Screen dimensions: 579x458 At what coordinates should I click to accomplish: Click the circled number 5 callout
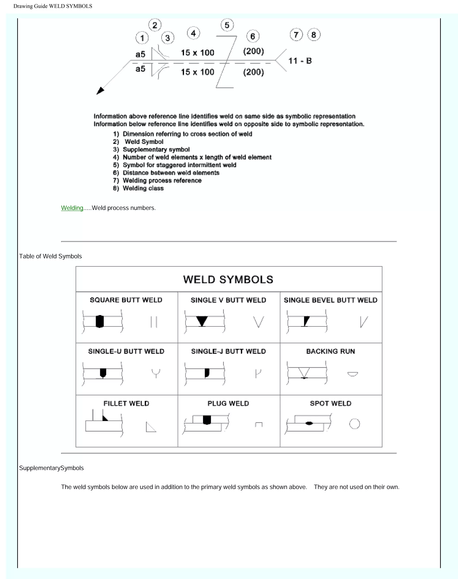coord(227,25)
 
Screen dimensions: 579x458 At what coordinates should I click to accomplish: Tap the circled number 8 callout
coord(314,35)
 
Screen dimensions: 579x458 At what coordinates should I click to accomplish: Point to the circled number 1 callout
coord(142,38)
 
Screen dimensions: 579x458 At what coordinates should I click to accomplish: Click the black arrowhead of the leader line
coord(100,91)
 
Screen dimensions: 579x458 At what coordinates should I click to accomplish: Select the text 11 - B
coord(300,61)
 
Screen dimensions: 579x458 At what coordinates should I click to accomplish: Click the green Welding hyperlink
coord(72,208)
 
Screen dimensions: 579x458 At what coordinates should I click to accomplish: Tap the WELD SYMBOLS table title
coord(228,280)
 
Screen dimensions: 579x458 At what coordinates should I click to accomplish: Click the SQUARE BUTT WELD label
coord(126,300)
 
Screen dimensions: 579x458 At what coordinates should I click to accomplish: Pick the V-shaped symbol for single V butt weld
coord(259,322)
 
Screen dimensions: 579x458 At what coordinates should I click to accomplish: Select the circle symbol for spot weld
coord(354,424)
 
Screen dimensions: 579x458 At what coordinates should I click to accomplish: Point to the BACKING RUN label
coord(330,351)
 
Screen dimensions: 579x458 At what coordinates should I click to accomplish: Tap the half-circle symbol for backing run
coord(353,374)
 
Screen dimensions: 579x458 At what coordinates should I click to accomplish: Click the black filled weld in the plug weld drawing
coord(207,420)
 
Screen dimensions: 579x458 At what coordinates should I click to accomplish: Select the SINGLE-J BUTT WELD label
coord(228,351)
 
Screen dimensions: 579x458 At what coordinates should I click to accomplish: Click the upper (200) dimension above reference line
coord(253,51)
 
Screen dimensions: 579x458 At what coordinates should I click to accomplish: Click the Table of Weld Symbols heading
coord(50,256)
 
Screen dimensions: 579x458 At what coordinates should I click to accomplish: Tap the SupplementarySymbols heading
coord(51,468)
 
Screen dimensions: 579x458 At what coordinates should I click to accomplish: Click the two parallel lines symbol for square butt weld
coord(154,322)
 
